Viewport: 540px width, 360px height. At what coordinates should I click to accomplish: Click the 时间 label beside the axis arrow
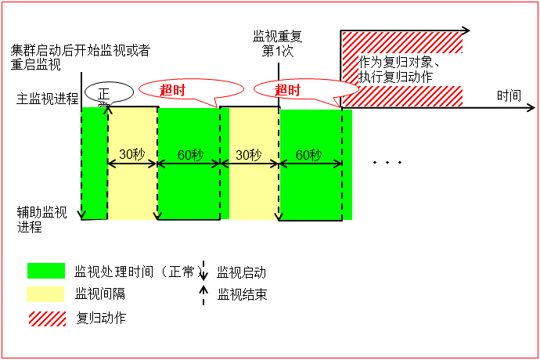point(509,96)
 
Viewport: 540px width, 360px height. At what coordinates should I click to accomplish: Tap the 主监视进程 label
point(48,99)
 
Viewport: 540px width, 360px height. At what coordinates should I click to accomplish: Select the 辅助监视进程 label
point(42,219)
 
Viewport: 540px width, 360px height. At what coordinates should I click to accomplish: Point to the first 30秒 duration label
point(132,154)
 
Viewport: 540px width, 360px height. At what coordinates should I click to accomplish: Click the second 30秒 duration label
point(248,154)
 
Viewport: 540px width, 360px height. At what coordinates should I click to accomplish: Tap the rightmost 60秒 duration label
point(308,154)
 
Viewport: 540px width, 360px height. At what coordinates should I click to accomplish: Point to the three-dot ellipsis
point(387,163)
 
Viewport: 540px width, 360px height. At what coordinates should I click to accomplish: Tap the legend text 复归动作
point(101,318)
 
